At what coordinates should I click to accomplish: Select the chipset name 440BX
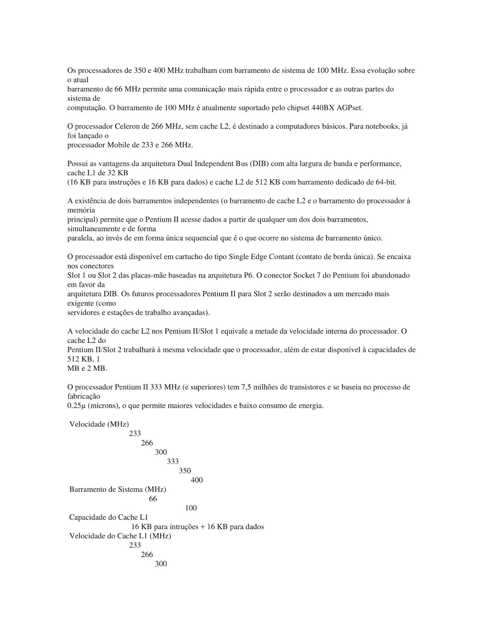[323, 108]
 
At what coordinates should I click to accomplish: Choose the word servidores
[83, 313]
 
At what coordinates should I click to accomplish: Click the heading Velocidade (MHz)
[99, 424]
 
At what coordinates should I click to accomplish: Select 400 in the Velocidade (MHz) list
[197, 480]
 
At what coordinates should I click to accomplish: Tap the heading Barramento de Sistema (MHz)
[117, 489]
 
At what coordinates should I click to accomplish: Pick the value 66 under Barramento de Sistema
[153, 499]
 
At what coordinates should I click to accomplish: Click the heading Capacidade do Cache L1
[108, 518]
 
